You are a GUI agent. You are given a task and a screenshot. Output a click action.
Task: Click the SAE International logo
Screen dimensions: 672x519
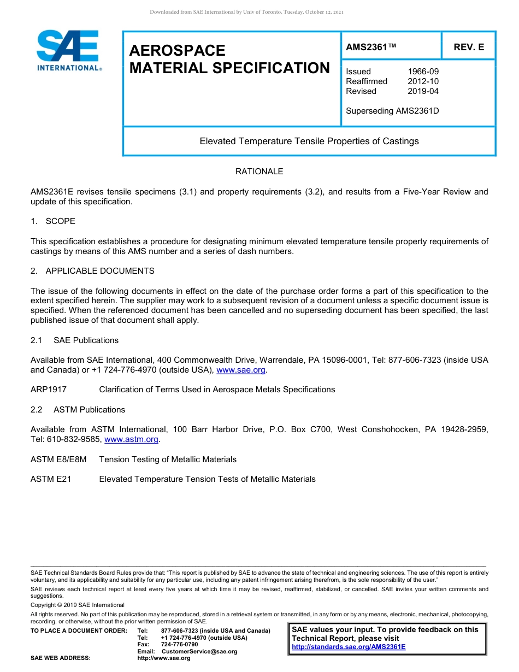pos(68,50)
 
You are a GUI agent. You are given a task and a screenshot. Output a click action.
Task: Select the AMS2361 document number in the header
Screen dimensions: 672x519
pos(370,48)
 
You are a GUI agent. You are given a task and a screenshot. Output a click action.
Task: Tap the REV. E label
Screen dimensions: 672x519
pos(469,48)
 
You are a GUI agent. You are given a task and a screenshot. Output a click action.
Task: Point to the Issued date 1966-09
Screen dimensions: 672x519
pos(423,72)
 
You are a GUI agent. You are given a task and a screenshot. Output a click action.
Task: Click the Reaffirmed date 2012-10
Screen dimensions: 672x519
pos(423,81)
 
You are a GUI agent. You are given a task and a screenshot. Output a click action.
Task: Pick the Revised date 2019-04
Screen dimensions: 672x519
pos(423,91)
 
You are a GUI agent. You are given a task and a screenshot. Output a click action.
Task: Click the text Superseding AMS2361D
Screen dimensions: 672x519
pos(392,111)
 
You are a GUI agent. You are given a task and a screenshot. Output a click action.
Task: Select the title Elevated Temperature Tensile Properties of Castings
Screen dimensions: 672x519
pos(309,141)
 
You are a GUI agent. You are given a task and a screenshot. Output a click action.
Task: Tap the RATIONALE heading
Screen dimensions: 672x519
pos(259,172)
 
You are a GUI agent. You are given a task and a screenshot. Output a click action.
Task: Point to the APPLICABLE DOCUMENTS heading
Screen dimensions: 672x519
pos(100,271)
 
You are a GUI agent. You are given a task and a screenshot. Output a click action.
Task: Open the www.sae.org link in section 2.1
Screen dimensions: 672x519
pos(241,370)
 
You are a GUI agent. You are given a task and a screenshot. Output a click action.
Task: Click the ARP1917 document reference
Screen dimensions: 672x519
pos(49,390)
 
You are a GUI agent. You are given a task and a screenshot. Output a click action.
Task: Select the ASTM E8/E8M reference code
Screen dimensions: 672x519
pos(58,459)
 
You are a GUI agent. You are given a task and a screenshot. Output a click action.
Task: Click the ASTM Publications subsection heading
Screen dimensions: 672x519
pos(89,410)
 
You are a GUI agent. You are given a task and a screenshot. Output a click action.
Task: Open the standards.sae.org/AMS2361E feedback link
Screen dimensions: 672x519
pos(349,647)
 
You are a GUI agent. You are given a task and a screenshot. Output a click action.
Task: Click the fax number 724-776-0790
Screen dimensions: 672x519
pos(179,644)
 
